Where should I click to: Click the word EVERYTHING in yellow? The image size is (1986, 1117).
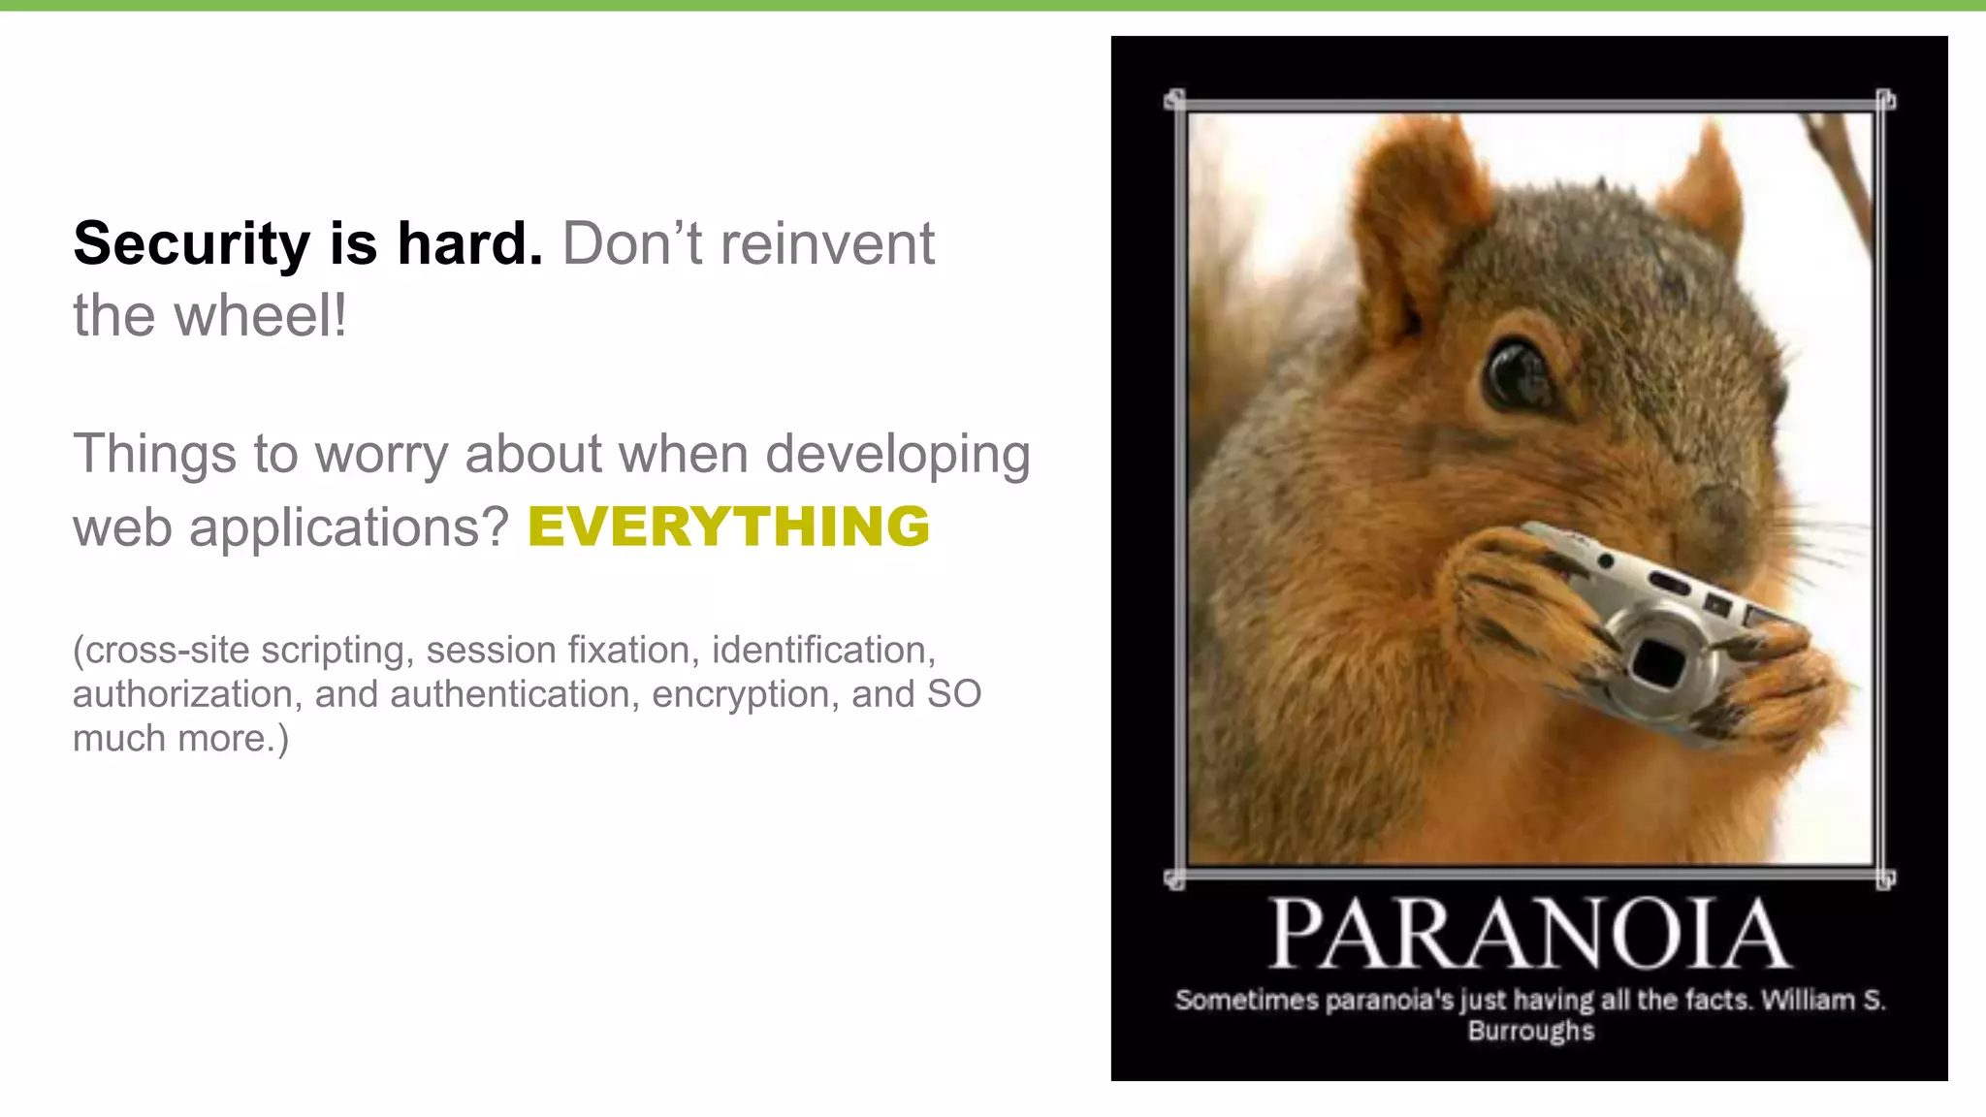(x=728, y=527)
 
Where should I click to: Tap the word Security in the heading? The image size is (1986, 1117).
(x=191, y=243)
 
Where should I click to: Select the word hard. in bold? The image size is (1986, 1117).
(x=469, y=243)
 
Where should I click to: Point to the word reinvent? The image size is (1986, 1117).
(x=827, y=243)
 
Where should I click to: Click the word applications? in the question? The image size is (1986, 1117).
(x=349, y=528)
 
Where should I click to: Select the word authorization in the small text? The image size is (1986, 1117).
(x=182, y=694)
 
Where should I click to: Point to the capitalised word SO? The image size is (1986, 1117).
(x=954, y=694)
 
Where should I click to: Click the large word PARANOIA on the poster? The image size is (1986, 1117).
(x=1530, y=935)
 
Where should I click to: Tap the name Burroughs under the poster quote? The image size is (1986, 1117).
(x=1530, y=1030)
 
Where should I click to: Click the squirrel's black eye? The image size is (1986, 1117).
(x=1519, y=373)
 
